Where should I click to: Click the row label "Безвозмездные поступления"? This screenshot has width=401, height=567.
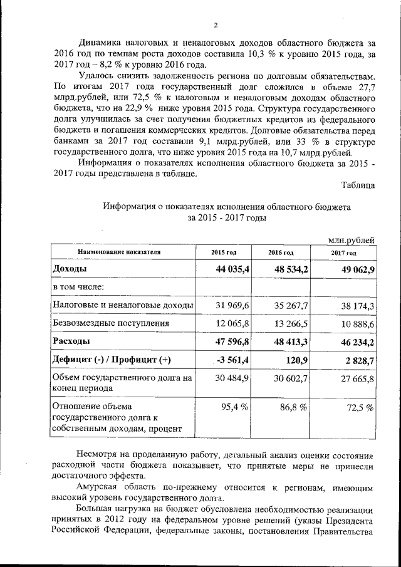pyautogui.click(x=112, y=323)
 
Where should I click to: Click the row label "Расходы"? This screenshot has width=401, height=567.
pyautogui.click(x=71, y=341)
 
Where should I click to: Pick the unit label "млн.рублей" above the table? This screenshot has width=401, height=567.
pyautogui.click(x=352, y=240)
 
